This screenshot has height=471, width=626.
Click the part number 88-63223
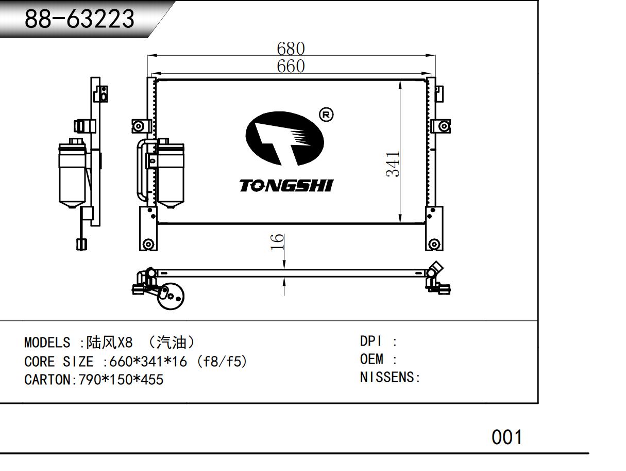tap(79, 19)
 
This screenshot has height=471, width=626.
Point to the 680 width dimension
tap(291, 48)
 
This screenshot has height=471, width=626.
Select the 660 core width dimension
tap(291, 66)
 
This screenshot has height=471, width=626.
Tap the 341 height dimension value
tap(393, 164)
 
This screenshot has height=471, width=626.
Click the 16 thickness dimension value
tap(277, 242)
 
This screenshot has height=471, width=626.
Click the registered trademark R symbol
tap(326, 115)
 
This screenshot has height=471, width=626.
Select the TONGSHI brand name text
tap(286, 186)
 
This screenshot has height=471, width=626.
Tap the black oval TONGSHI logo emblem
tap(284, 138)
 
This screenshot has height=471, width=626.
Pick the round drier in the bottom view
tap(171, 296)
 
